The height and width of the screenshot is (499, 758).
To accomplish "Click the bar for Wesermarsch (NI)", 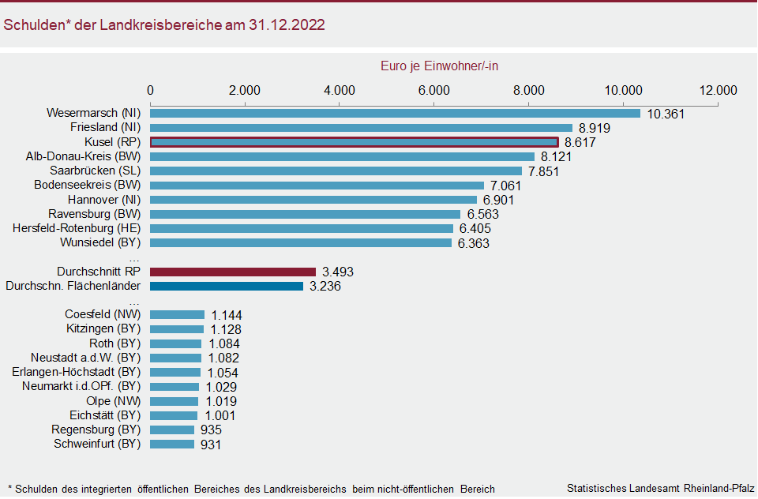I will (395, 113).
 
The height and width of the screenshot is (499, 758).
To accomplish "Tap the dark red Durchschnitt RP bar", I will (233, 272).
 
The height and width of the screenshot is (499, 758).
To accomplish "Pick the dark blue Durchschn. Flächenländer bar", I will (227, 286).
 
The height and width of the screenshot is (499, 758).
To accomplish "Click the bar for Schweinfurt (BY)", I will (172, 445).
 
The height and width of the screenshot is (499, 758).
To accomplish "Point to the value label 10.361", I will (666, 114).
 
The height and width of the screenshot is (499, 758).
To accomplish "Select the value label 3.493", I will (338, 272).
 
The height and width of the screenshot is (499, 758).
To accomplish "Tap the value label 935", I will (211, 430).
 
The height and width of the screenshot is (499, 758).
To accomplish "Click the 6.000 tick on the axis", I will (433, 89).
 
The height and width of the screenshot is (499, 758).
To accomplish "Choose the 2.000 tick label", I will (245, 89).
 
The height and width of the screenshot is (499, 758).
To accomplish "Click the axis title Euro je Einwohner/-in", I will (439, 66).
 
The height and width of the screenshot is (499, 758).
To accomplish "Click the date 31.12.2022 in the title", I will (287, 25).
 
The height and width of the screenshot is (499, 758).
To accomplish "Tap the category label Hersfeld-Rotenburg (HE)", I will (77, 228).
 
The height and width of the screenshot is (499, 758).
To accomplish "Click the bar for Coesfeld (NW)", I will (178, 315).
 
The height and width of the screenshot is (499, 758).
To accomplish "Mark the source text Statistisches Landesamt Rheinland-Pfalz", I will (660, 489).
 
